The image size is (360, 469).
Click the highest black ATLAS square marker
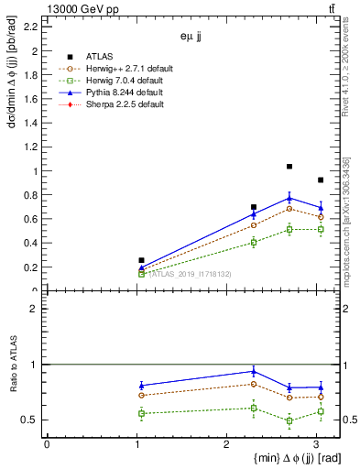(289, 167)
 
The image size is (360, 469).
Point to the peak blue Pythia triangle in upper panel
(289, 198)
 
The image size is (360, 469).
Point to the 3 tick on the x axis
(317, 445)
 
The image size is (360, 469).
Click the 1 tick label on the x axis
(136, 445)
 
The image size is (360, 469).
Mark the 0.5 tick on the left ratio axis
(33, 420)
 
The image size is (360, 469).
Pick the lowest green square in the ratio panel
(289, 421)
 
